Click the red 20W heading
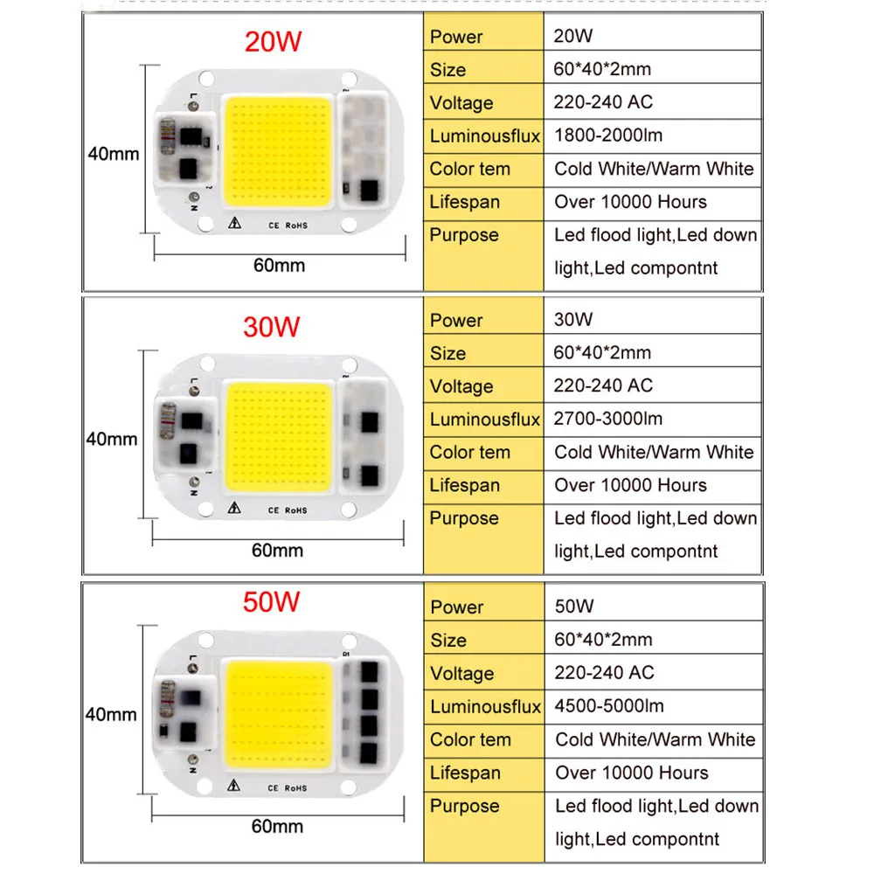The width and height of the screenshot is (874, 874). [x=272, y=42]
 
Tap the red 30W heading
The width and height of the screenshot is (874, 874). [x=272, y=326]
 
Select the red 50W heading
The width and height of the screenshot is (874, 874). [x=272, y=602]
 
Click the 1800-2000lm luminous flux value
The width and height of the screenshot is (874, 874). [x=608, y=135]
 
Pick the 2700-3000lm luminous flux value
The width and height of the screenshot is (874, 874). [x=608, y=419]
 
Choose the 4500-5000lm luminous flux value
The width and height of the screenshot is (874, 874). [x=609, y=706]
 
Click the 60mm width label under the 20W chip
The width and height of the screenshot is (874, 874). [x=279, y=266]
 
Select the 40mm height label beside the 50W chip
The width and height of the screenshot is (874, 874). [x=111, y=715]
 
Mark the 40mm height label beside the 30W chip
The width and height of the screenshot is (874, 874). [x=111, y=439]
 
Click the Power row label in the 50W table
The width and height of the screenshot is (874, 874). [x=456, y=607]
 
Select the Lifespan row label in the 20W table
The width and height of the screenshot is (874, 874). [x=464, y=202]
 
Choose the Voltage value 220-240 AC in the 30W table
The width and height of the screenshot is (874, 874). [x=603, y=385]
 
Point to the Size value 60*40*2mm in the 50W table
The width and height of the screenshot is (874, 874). [x=603, y=640]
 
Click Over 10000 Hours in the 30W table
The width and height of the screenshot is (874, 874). [x=631, y=485]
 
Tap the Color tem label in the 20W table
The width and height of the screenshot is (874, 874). [x=469, y=169]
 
